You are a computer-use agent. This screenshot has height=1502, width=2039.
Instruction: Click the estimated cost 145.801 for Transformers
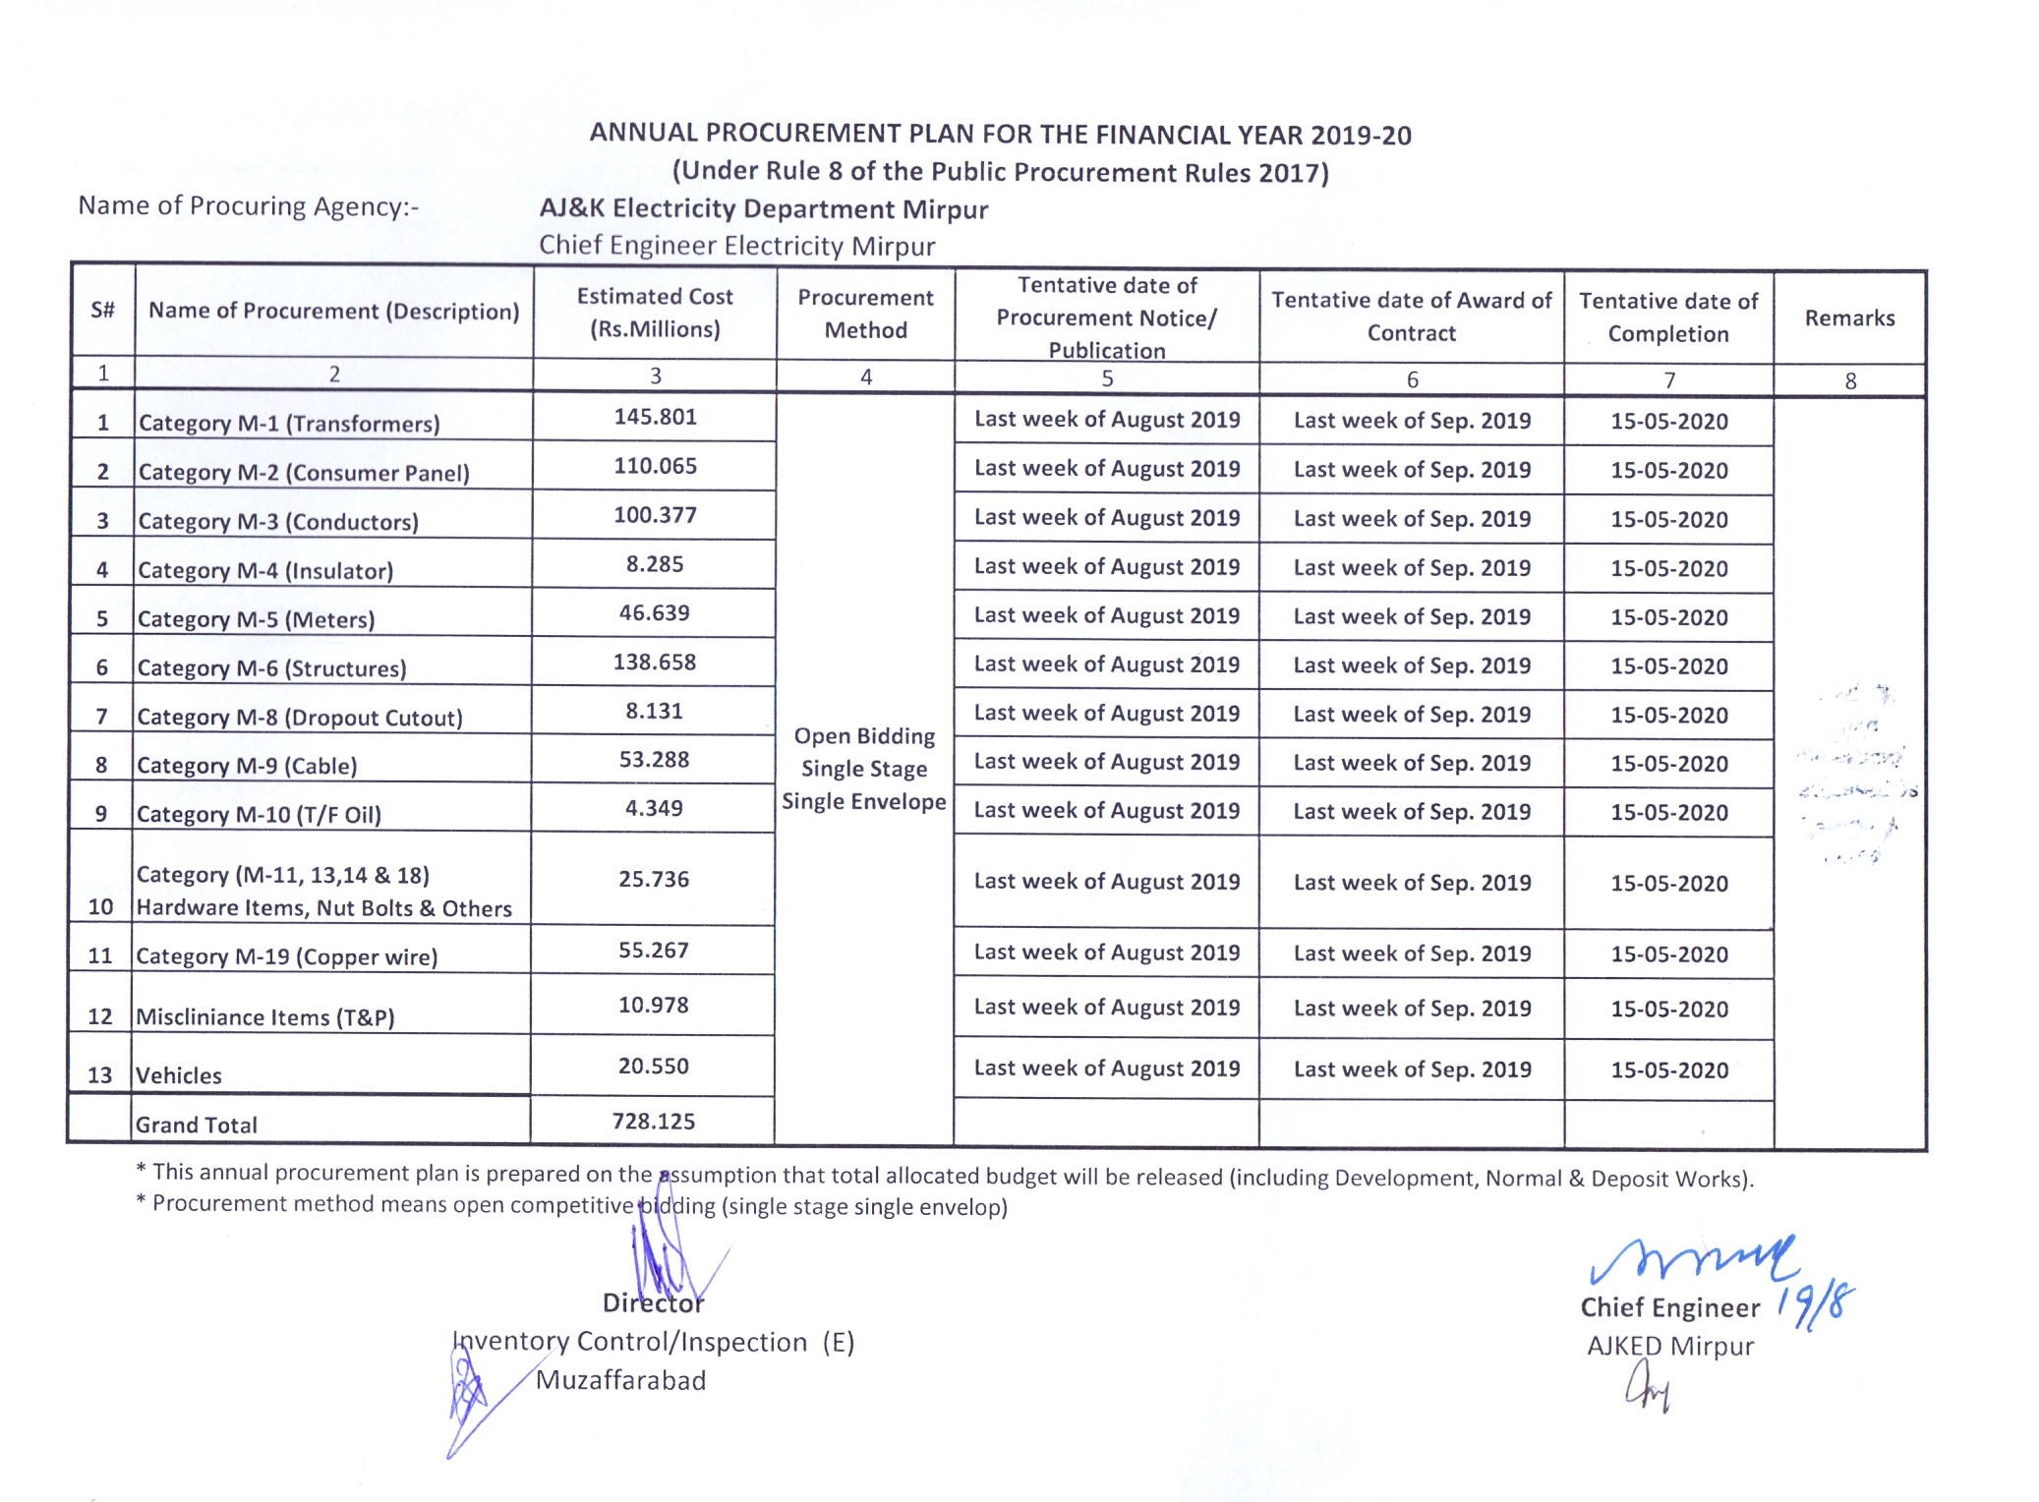(x=655, y=417)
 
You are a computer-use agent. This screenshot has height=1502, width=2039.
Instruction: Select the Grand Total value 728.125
(x=653, y=1122)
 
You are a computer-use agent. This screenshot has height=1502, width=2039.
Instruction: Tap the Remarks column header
(x=1849, y=318)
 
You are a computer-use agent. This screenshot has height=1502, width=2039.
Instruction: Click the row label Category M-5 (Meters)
(x=256, y=619)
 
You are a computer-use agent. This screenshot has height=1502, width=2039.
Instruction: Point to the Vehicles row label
(x=179, y=1075)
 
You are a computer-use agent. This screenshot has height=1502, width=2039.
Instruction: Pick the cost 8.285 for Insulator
(x=655, y=564)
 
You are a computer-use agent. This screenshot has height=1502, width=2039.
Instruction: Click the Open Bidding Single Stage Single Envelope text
(x=864, y=769)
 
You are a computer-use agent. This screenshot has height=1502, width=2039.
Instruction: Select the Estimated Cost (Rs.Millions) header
(x=655, y=313)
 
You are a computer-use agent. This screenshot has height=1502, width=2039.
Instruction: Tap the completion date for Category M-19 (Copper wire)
(x=1668, y=954)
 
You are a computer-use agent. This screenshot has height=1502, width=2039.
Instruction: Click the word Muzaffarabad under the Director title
(x=620, y=1380)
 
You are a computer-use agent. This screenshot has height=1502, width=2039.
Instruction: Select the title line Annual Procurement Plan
(x=1000, y=135)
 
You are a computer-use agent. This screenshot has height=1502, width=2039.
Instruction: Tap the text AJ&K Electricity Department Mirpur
(x=763, y=209)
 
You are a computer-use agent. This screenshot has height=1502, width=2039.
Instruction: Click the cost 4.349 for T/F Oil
(x=654, y=808)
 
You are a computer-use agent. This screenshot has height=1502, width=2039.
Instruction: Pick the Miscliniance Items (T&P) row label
(x=265, y=1017)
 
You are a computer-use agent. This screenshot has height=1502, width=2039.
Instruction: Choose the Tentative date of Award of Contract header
(x=1412, y=317)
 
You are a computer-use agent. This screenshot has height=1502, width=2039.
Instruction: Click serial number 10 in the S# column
(x=100, y=906)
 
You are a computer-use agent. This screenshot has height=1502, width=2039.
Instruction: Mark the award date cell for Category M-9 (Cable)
(x=1412, y=763)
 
